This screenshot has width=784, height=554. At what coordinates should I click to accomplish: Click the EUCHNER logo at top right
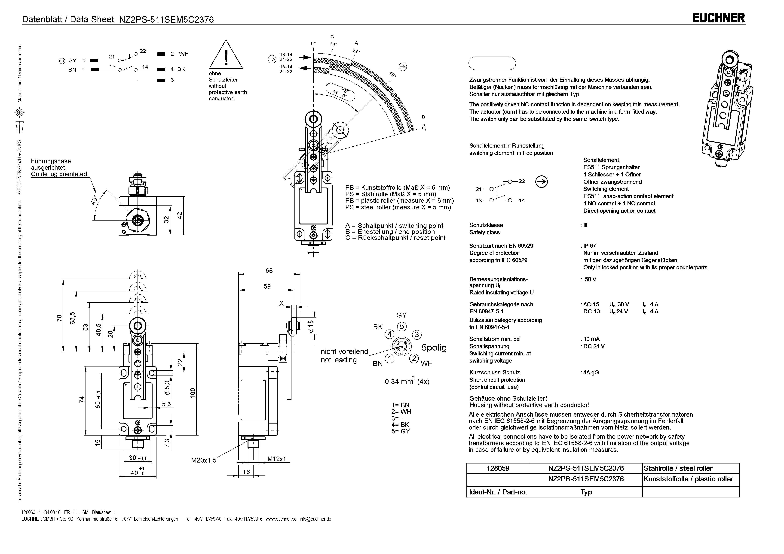[x=718, y=18]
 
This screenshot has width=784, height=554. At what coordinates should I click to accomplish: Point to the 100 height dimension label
[x=193, y=393]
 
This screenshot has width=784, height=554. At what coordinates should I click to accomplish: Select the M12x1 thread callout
[x=277, y=459]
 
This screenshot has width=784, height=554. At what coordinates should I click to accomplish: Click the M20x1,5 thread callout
[x=204, y=460]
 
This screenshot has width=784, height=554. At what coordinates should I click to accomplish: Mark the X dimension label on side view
[x=281, y=303]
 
